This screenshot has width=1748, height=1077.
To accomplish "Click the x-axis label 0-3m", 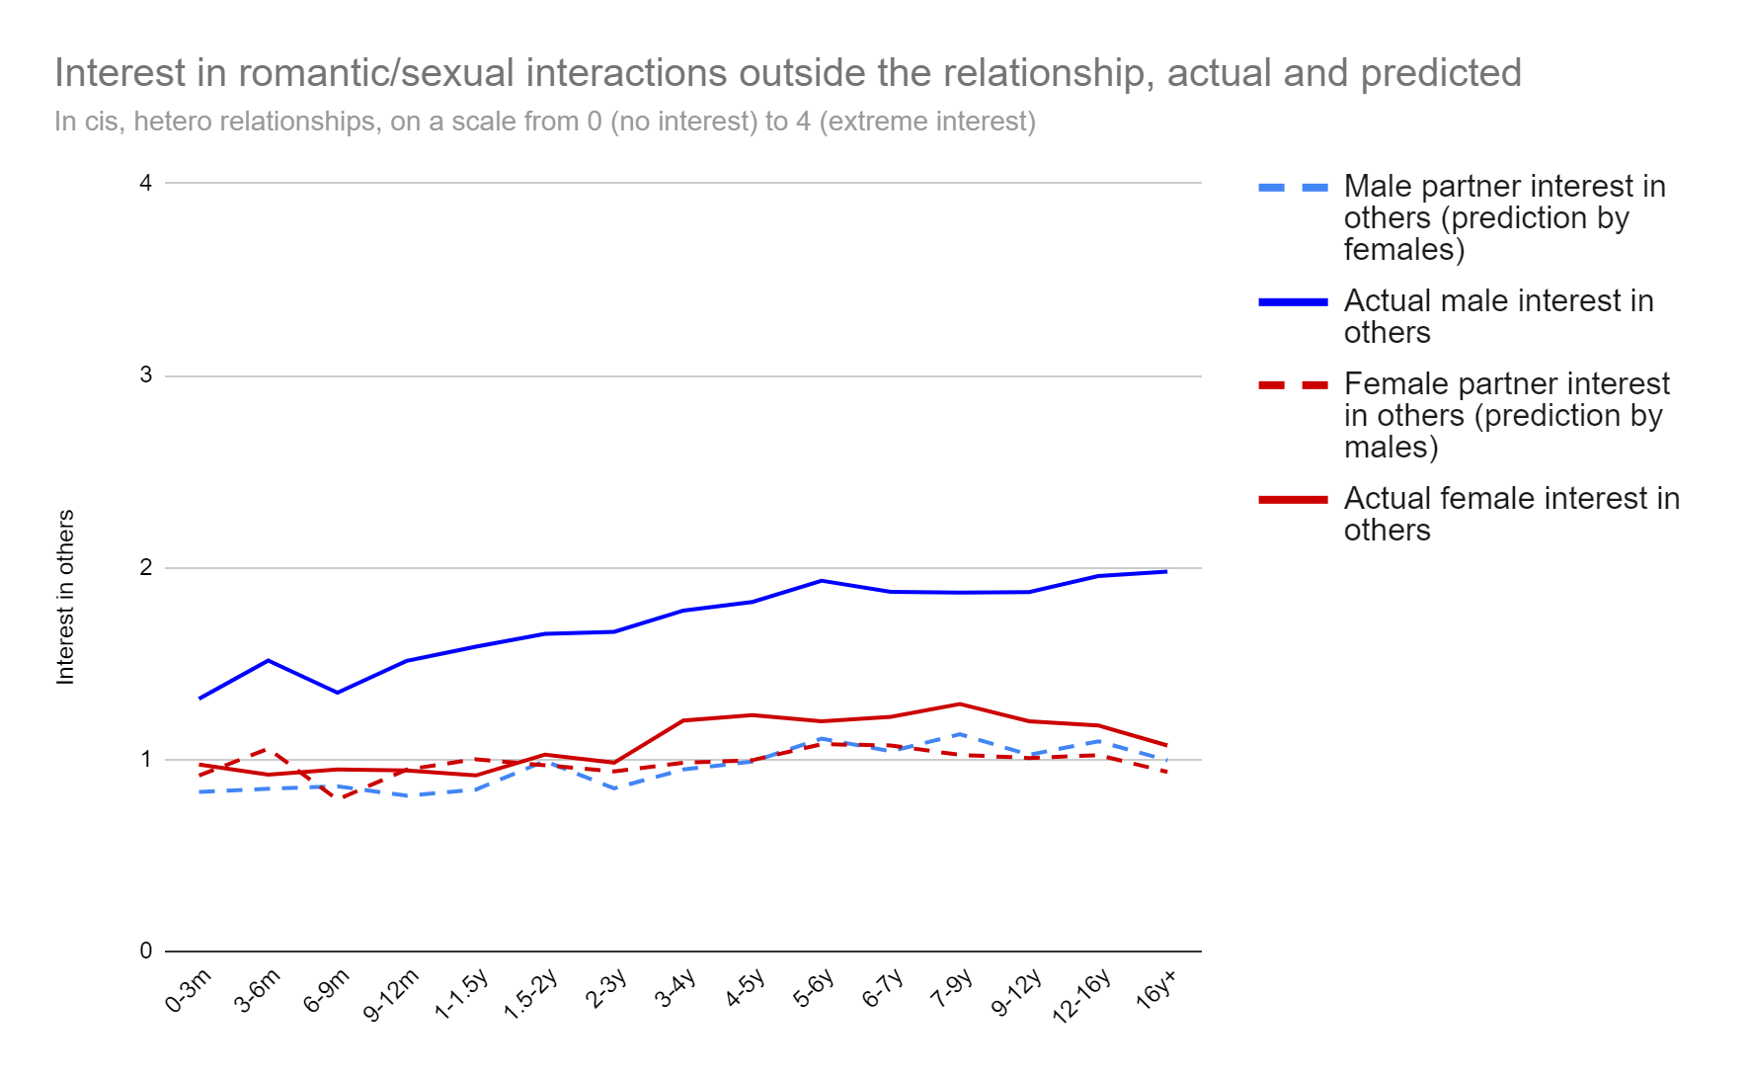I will pyautogui.click(x=189, y=991).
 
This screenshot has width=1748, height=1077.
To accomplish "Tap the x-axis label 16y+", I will pyautogui.click(x=1156, y=989).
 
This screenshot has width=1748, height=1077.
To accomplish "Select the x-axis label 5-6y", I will pyautogui.click(x=814, y=988).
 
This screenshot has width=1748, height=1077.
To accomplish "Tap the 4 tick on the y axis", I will pyautogui.click(x=146, y=183).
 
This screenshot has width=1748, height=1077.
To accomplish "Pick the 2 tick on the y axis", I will pyautogui.click(x=146, y=567).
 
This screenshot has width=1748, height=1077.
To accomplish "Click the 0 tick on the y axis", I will pyautogui.click(x=146, y=951).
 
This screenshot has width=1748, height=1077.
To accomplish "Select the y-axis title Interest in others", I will pyautogui.click(x=65, y=597).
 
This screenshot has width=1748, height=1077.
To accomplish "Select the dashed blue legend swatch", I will pyautogui.click(x=1293, y=187).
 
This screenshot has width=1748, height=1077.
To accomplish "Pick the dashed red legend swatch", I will pyautogui.click(x=1293, y=384).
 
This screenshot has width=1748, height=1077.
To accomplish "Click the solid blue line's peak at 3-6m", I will pyautogui.click(x=269, y=660).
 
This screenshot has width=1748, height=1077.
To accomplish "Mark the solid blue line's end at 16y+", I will pyautogui.click(x=1166, y=571).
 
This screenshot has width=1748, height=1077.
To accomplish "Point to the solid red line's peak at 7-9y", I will pyautogui.click(x=960, y=704).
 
